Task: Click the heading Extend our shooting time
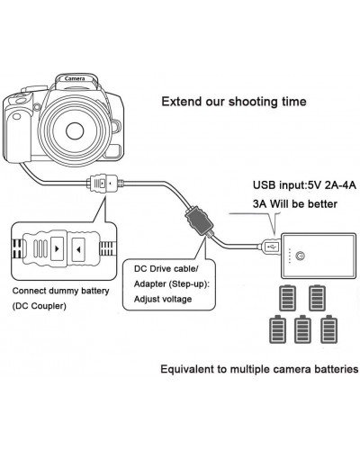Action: point(233,102)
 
